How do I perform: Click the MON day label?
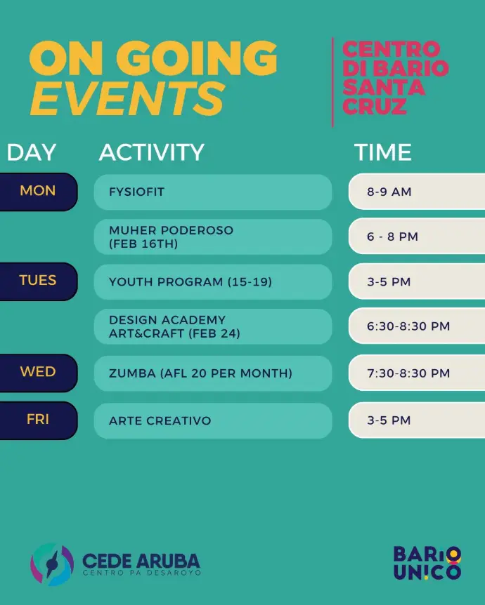[x=38, y=192]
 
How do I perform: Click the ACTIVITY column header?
[x=152, y=152]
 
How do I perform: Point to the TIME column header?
[x=382, y=152]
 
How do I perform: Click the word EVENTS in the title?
[x=127, y=98]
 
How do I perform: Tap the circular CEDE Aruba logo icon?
[x=52, y=564]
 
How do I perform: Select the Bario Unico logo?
[x=427, y=563]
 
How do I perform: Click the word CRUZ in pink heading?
[x=375, y=107]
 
